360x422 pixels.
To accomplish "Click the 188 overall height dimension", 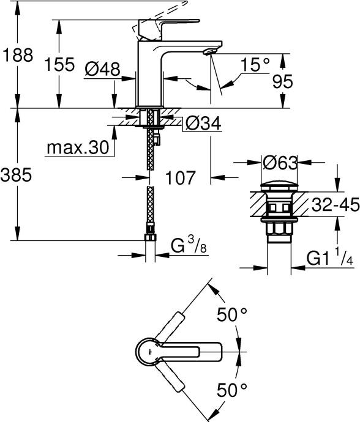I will (16, 55).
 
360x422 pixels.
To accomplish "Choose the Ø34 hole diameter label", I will (202, 124).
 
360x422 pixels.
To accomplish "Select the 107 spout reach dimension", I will (181, 178).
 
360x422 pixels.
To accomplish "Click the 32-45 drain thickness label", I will (334, 205).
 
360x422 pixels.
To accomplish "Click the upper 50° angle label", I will (232, 315).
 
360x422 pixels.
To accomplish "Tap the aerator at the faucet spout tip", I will (209, 53).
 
